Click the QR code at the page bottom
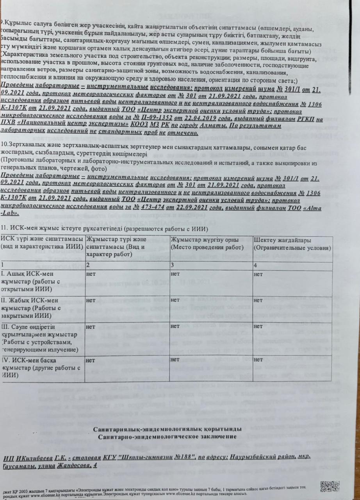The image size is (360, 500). click(330, 486)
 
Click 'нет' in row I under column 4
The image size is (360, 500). click(258, 275)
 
